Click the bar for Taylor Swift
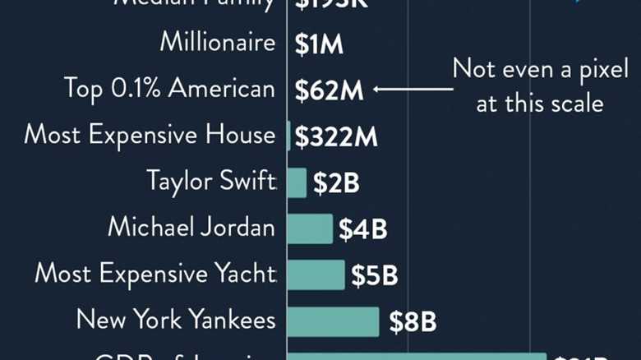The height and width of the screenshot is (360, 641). click(x=297, y=182)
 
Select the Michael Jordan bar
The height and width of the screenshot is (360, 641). click(x=310, y=228)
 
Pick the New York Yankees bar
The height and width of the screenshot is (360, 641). click(x=333, y=321)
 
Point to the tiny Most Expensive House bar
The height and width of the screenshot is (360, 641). click(x=288, y=136)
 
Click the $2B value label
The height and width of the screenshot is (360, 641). click(x=336, y=183)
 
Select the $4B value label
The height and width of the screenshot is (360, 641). click(x=362, y=229)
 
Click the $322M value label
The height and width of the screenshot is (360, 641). click(x=336, y=136)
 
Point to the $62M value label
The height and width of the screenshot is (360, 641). click(x=329, y=90)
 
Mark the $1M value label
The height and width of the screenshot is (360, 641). click(x=319, y=44)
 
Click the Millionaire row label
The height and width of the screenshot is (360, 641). click(x=217, y=43)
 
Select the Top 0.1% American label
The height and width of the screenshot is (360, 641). click(x=169, y=89)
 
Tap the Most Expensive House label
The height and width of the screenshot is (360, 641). click(x=150, y=135)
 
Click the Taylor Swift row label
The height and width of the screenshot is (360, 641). click(x=211, y=181)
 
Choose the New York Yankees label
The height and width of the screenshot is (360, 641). click(x=175, y=320)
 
